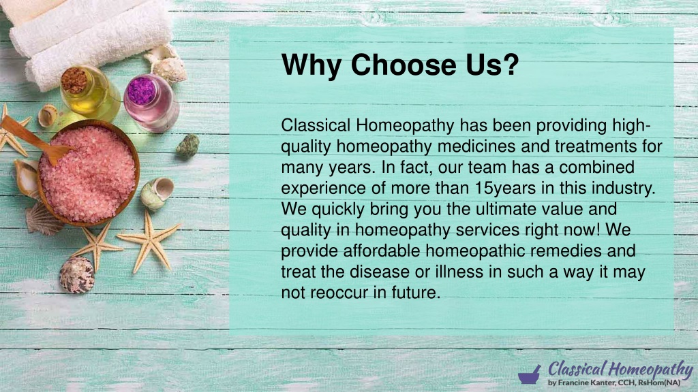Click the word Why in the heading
[312, 65]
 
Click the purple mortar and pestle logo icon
[530, 375]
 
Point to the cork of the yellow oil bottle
[74, 80]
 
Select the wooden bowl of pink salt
[89, 173]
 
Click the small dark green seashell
[188, 146]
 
